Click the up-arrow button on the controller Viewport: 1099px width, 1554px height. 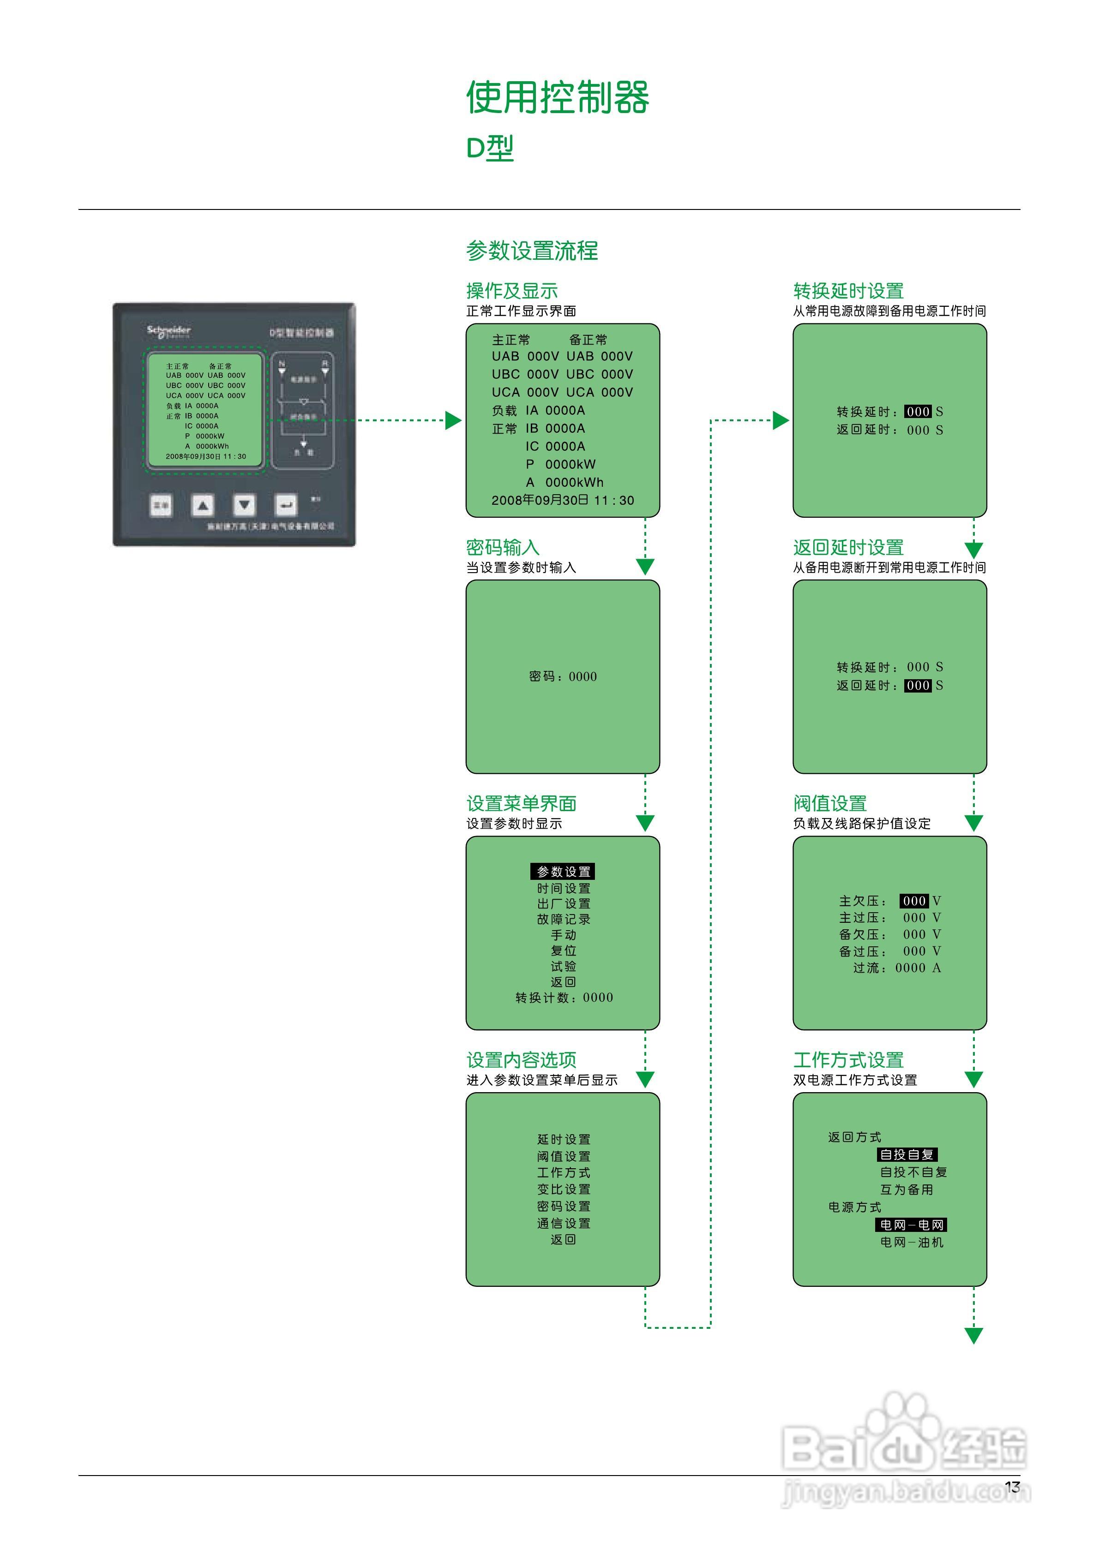pos(203,505)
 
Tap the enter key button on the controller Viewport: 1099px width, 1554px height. pos(286,505)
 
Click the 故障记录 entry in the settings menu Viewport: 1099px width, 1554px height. pos(564,919)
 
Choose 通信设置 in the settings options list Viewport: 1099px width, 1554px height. pos(564,1223)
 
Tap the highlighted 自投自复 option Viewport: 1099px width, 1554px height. pos(907,1155)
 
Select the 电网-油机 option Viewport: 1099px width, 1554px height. pos(912,1242)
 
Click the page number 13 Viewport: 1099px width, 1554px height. pos(1012,1487)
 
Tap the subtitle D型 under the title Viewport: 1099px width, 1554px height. pos(490,148)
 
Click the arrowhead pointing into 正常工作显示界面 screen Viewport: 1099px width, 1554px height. pos(453,420)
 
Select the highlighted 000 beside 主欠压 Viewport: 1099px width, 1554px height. pos(914,901)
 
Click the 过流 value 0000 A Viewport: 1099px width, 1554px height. pos(918,968)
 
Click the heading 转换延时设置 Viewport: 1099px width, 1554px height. pos(848,291)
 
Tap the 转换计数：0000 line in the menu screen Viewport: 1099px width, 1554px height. pos(564,998)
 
